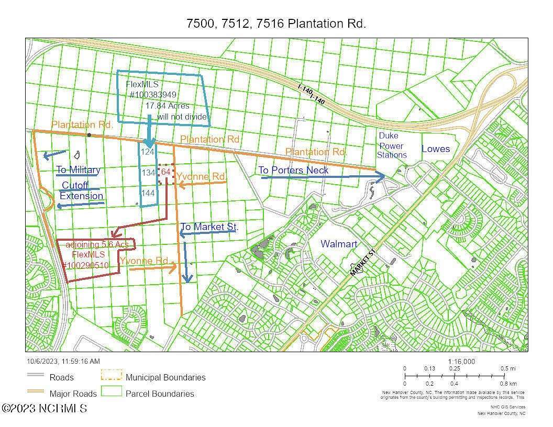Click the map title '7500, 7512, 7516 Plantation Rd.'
pos(276,24)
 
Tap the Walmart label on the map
pos(339,244)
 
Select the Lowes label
pos(436,149)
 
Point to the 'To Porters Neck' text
pos(293,170)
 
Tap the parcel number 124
pos(148,152)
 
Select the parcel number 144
pos(148,193)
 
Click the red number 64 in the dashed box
pos(166,172)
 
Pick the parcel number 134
pos(148,172)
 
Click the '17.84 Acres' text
pos(168,106)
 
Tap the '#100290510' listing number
pos(86,265)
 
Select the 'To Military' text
pos(79,170)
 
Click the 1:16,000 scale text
pos(461,362)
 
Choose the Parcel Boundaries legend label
pos(160,394)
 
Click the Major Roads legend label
pos(73,394)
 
